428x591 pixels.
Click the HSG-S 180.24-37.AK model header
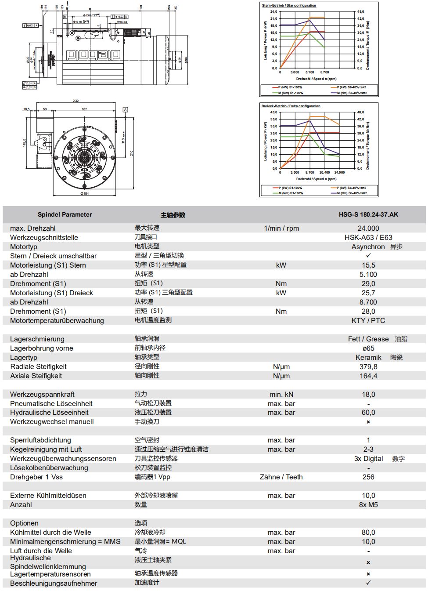pos(368,214)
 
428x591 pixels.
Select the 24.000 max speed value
pos(368,228)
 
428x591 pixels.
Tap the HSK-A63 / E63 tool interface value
pos(368,237)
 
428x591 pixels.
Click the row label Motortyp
pos(24,247)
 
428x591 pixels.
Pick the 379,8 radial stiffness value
pos(368,366)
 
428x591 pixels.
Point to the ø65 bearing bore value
pos(368,348)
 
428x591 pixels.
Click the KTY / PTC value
pos(368,320)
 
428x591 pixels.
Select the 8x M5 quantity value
pos(368,504)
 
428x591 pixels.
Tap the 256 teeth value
pos(368,477)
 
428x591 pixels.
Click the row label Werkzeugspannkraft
pos(42,394)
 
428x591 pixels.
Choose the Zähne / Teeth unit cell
pos(281,477)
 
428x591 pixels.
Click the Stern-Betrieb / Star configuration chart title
pos(289,5)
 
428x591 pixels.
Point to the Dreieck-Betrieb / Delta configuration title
pos(291,106)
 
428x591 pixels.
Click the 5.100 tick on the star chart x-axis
pos(309,72)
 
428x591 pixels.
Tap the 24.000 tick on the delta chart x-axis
pos(339,172)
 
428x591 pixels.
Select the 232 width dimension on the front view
pos(76,101)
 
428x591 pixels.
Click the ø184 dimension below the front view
pos(84,193)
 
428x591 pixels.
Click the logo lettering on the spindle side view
pos(93,54)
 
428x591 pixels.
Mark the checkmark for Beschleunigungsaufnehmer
pos(368,583)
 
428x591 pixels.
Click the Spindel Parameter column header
pos(65,214)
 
